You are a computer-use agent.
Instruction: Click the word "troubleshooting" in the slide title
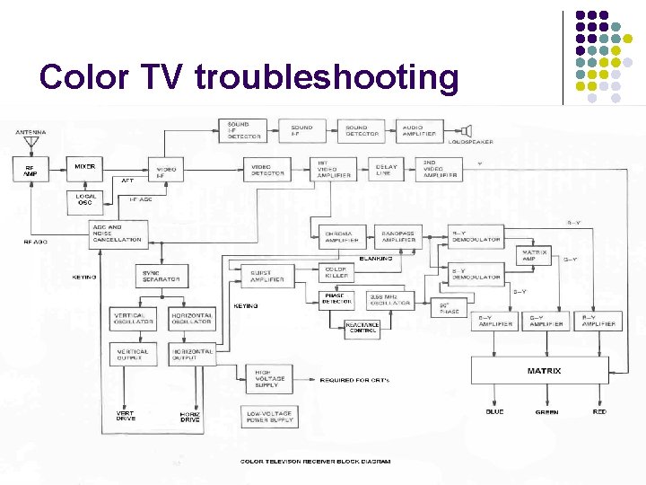[327, 78]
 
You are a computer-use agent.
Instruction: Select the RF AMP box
[31, 169]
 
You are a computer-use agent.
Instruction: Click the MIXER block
[85, 168]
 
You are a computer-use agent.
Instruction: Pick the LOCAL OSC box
[85, 198]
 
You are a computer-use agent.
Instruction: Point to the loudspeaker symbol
[467, 131]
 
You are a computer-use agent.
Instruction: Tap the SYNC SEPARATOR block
[163, 276]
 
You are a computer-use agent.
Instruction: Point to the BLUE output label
[494, 412]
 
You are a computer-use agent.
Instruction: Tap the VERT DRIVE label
[126, 416]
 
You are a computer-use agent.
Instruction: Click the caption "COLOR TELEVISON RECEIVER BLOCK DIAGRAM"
[315, 462]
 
